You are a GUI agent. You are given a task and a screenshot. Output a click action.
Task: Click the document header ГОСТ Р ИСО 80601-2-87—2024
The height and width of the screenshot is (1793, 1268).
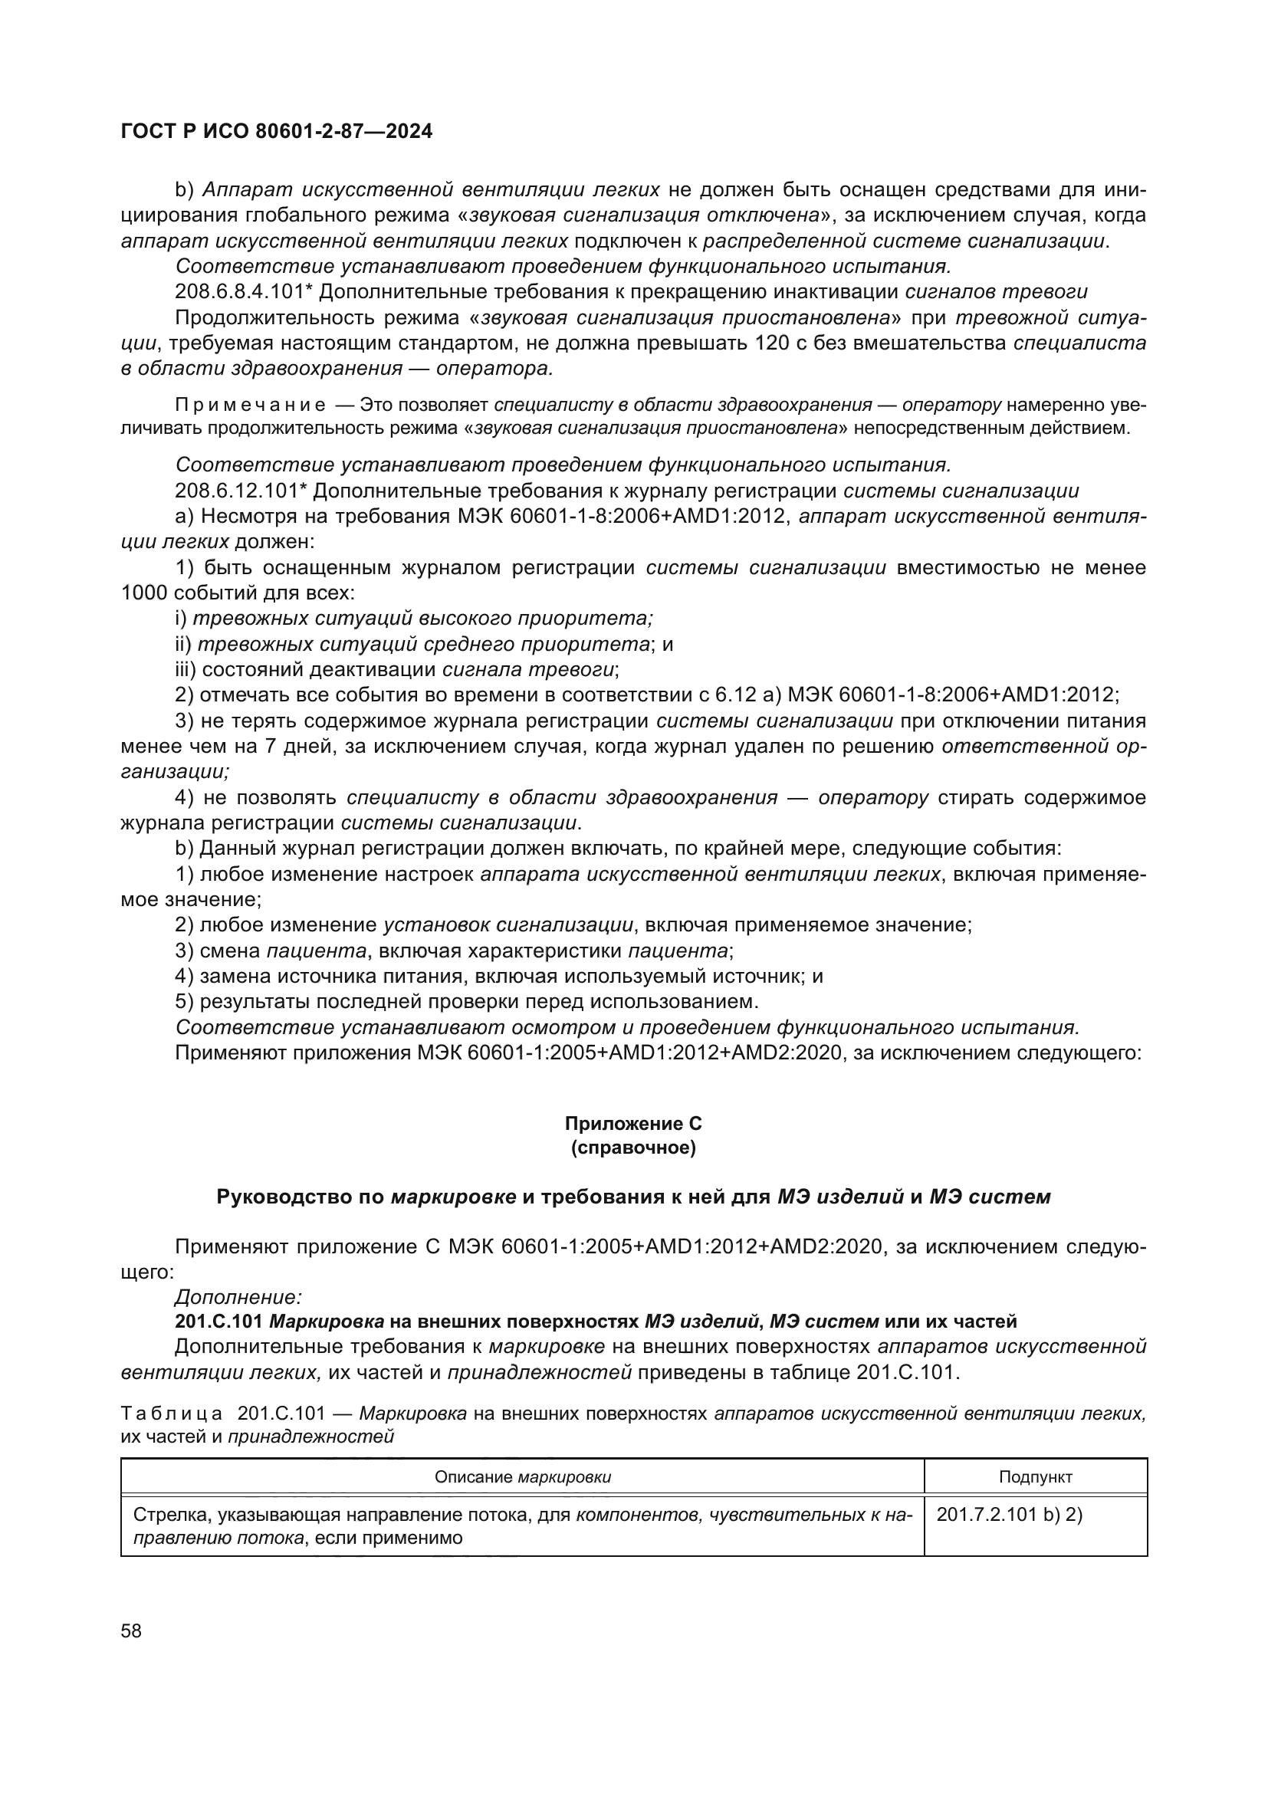277,132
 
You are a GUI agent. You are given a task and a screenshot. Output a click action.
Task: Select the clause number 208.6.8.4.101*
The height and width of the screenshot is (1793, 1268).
244,292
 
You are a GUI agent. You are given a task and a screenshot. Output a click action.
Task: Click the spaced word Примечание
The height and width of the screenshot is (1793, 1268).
251,405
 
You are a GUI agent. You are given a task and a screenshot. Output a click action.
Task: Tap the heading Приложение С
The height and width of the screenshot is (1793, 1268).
633,1123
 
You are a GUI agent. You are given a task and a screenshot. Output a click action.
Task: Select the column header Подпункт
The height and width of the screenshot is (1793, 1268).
1035,1476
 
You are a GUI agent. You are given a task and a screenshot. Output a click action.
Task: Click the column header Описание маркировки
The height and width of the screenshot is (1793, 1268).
522,1476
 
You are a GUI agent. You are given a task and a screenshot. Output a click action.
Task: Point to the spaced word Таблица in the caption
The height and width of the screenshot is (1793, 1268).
172,1413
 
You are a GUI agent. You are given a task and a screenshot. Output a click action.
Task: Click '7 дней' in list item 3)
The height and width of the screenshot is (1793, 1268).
294,746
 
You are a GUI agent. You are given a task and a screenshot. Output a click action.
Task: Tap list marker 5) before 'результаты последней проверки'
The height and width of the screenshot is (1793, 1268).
184,1001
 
